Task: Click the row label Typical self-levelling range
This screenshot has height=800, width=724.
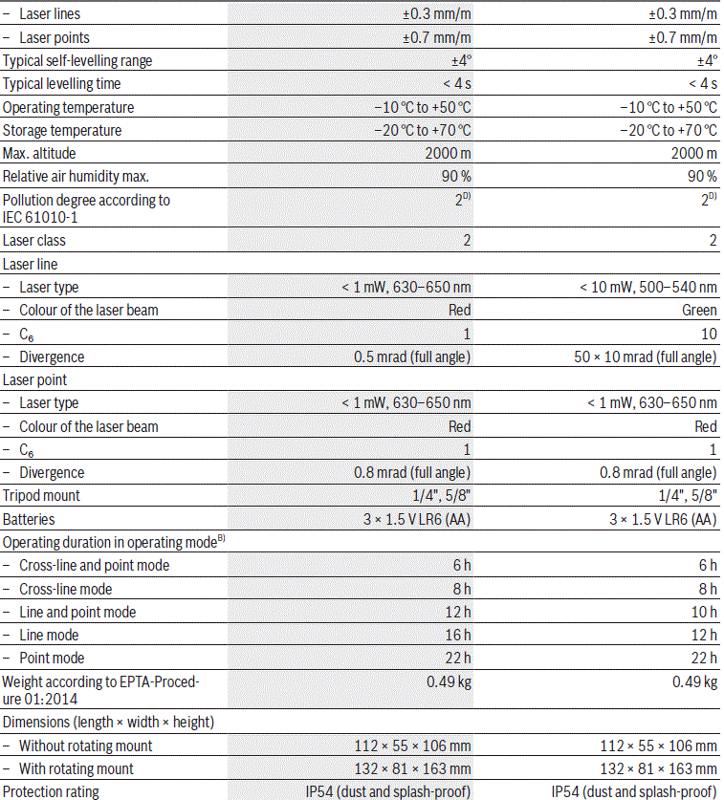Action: tap(77, 61)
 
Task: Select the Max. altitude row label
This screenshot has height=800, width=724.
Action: tap(39, 154)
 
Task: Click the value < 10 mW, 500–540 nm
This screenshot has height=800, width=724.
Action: tap(648, 287)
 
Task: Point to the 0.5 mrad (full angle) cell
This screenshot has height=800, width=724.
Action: tap(411, 357)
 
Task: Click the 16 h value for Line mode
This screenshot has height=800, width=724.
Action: tap(456, 635)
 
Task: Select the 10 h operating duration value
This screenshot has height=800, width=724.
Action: tap(702, 612)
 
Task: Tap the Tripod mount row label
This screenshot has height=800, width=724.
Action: tap(42, 496)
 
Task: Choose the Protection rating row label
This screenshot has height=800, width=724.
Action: tap(51, 791)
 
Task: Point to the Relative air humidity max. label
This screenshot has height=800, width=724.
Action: tap(77, 177)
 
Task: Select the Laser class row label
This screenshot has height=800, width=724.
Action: tap(34, 241)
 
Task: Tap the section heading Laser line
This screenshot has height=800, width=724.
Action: tap(33, 264)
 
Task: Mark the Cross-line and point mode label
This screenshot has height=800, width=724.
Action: tap(94, 565)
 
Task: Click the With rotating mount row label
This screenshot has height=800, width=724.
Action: tap(77, 768)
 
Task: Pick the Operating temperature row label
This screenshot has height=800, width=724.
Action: tap(69, 107)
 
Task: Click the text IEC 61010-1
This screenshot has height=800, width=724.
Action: tap(40, 217)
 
